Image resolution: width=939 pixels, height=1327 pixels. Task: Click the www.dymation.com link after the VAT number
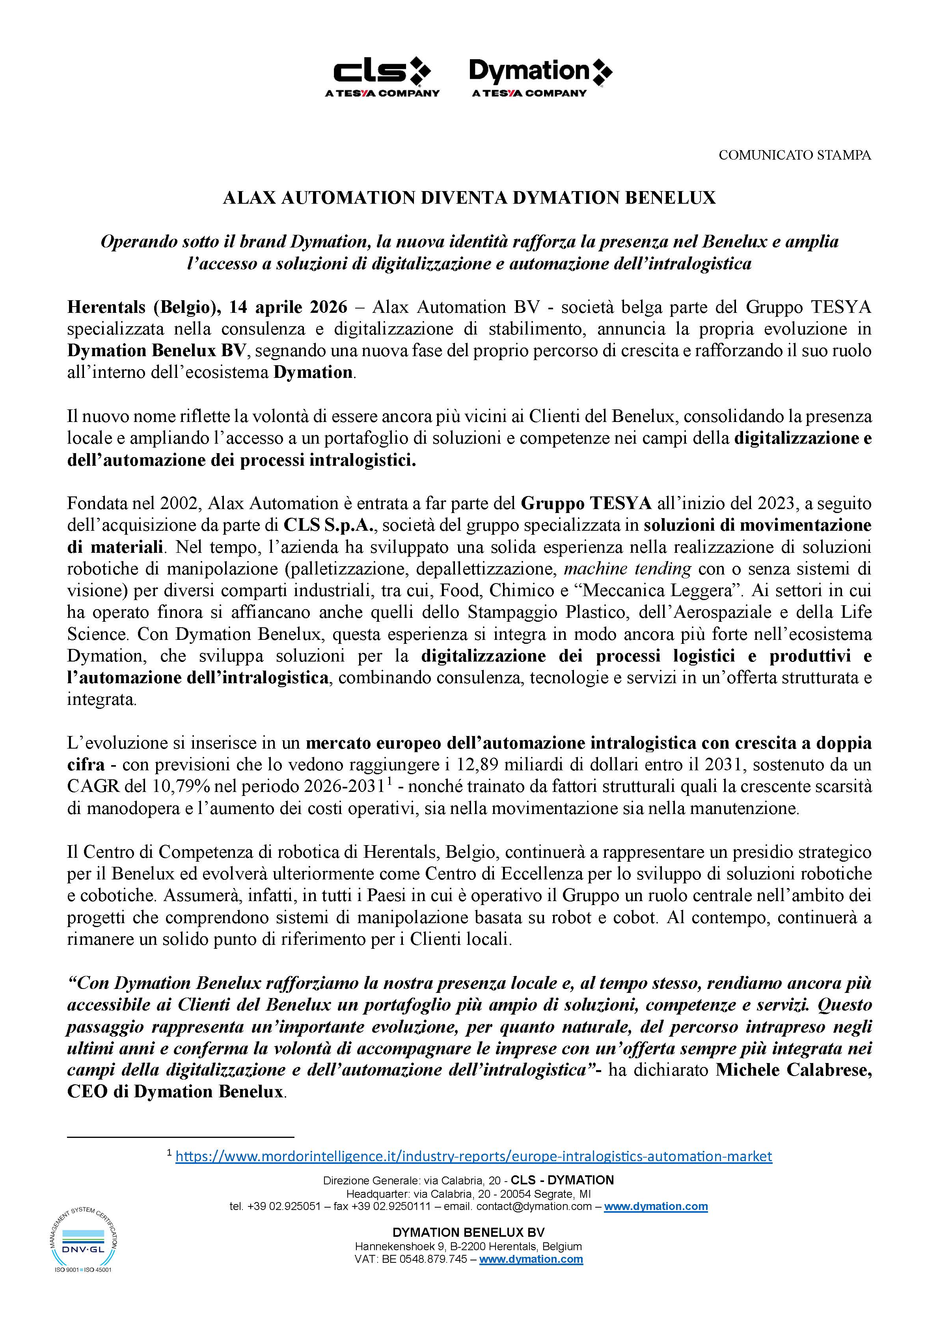pos(531,1259)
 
